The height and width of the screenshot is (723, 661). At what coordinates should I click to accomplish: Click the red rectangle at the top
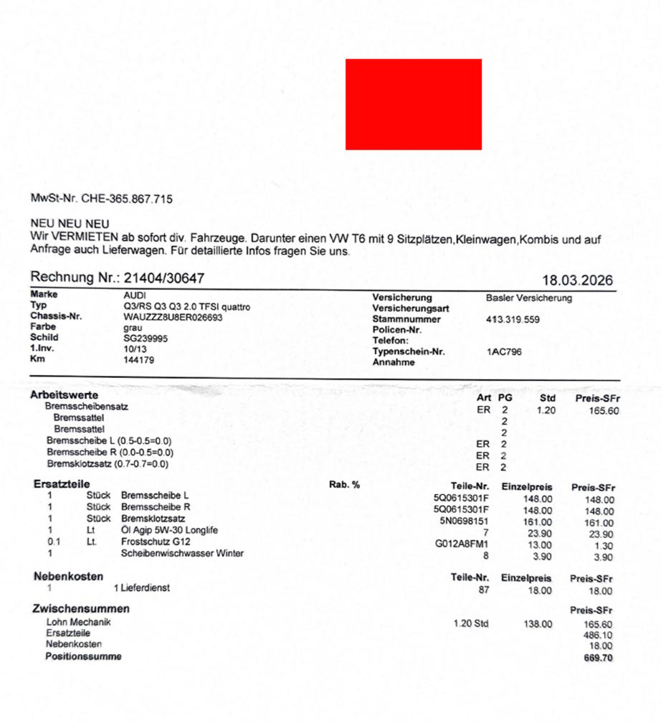tap(413, 104)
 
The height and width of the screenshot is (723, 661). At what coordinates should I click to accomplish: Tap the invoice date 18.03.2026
tap(579, 280)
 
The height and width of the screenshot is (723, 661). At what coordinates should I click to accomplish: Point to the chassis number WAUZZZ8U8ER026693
tap(173, 316)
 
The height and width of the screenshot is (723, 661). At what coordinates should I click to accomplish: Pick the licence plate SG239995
tap(146, 338)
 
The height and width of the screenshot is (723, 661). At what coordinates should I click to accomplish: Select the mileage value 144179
tap(138, 359)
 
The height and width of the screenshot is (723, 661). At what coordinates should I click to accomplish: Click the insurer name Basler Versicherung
tap(528, 298)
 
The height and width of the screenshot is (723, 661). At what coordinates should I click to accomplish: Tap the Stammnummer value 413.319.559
tap(513, 319)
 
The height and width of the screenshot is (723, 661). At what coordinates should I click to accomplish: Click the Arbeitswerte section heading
tap(64, 394)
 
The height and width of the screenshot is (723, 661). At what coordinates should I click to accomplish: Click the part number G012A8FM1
tap(462, 544)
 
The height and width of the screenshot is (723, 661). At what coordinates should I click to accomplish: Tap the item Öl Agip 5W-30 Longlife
tap(169, 531)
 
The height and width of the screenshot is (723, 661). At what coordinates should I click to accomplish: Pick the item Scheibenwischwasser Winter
tap(182, 553)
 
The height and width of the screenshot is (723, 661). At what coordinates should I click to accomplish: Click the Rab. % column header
tap(344, 485)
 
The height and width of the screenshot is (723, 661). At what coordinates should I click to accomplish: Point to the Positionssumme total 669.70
tap(598, 658)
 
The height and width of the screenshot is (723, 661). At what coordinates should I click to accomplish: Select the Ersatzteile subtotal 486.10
tap(599, 635)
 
